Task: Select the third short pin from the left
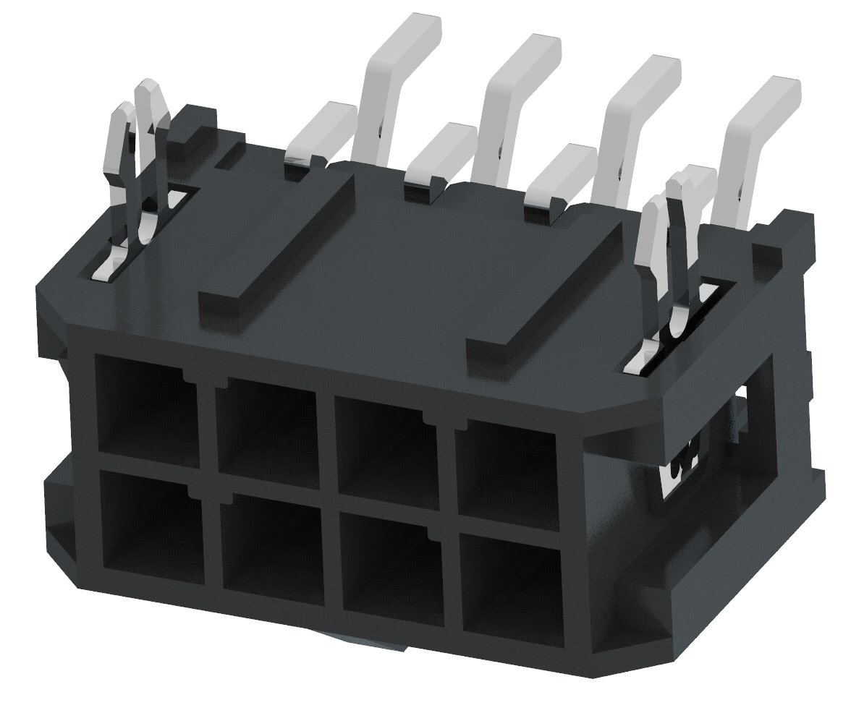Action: [x=560, y=173]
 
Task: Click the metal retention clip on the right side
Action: [x=673, y=268]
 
